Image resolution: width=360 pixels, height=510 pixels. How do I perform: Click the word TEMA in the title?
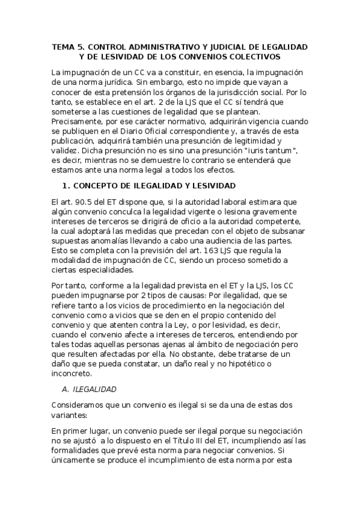(x=63, y=46)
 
